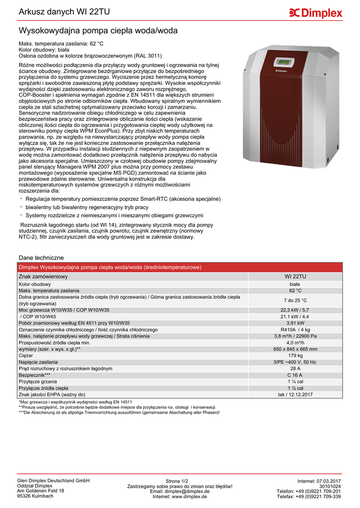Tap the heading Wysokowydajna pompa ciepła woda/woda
[x=98, y=31]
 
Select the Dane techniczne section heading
[x=41, y=258]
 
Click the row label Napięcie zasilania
[x=38, y=362]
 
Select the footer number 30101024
[x=330, y=486]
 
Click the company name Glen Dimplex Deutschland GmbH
[x=53, y=481]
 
